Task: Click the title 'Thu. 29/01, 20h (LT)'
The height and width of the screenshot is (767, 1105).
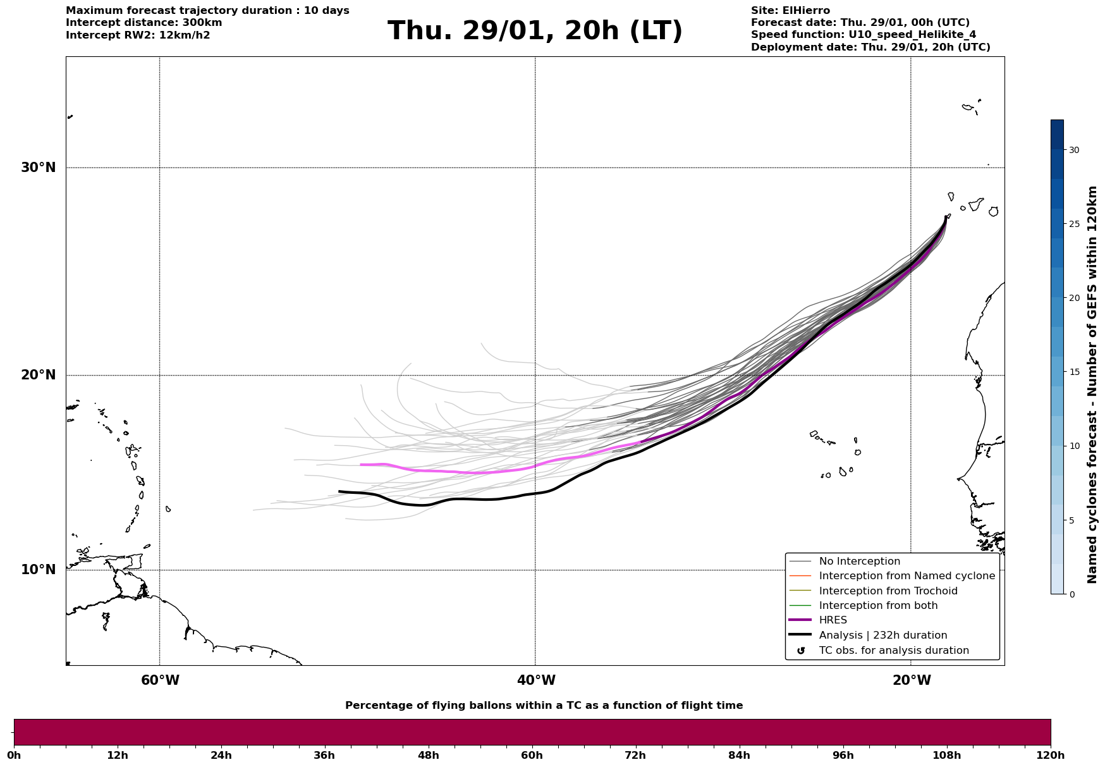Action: (535, 31)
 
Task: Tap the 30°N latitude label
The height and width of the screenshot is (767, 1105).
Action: (39, 168)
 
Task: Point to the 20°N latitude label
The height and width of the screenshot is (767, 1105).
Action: (39, 375)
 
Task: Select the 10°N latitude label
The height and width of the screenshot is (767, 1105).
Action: (39, 570)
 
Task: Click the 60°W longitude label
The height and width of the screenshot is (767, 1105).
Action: (160, 680)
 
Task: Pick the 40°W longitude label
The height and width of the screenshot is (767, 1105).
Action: (536, 680)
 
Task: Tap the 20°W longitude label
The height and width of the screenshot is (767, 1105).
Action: (912, 680)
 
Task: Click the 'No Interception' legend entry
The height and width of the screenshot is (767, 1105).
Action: (859, 561)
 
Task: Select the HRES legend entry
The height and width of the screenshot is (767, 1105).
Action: (833, 620)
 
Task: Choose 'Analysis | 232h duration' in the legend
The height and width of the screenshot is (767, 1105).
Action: (882, 635)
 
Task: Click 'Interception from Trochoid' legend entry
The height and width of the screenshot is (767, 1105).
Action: (888, 591)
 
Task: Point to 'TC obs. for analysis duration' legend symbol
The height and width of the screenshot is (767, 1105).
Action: (801, 651)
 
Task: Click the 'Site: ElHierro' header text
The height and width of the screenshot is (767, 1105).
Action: (790, 11)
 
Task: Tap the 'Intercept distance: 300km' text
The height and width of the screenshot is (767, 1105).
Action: (144, 23)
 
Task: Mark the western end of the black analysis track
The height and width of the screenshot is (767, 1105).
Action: (340, 491)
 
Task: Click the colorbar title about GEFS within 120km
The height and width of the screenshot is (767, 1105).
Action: (1092, 384)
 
